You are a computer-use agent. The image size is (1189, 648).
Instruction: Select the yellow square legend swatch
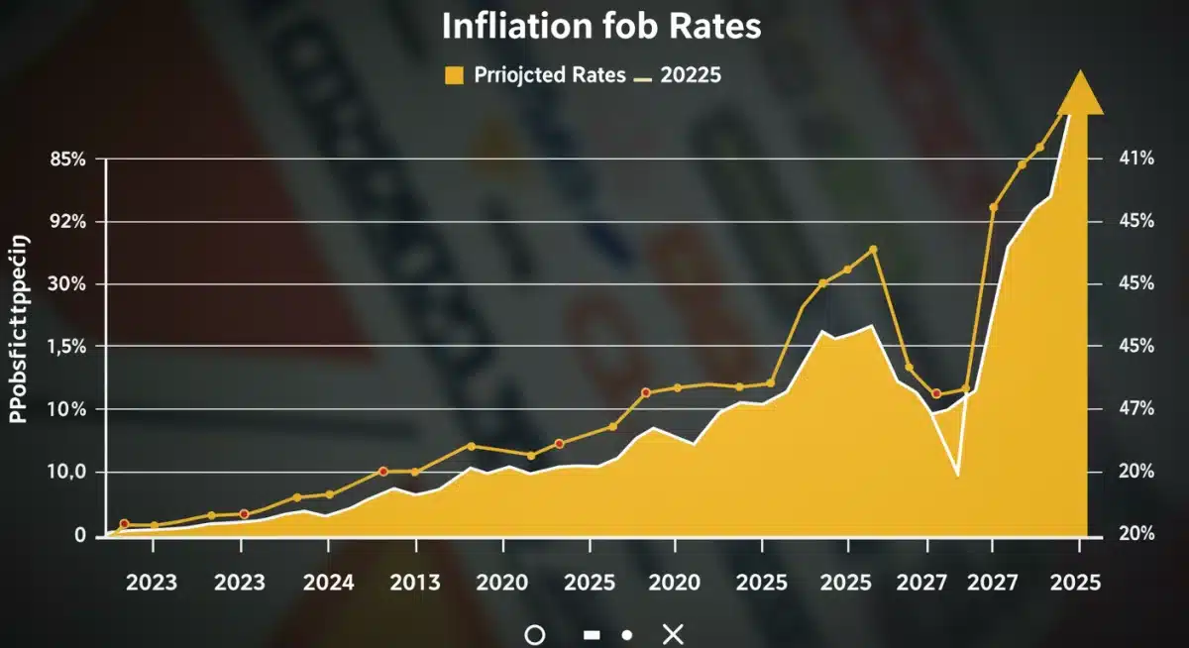[456, 75]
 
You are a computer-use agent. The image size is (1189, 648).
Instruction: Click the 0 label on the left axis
[80, 535]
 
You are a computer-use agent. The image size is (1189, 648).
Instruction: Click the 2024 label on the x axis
[328, 583]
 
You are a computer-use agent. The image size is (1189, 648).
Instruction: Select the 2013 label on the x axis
[414, 583]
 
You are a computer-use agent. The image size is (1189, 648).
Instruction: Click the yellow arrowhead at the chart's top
[1080, 94]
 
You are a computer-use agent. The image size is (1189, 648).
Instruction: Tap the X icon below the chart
[673, 634]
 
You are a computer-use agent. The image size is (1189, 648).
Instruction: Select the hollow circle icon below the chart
[534, 634]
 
